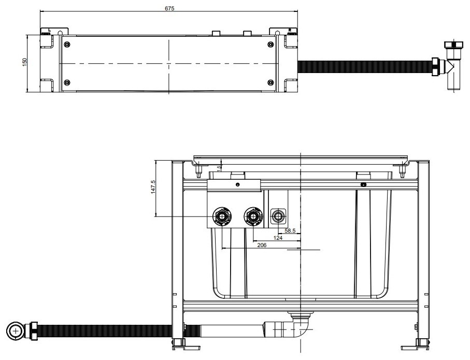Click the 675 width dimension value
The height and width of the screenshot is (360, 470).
point(169,8)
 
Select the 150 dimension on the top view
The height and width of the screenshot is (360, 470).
point(24,62)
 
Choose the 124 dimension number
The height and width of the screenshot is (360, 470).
point(278,238)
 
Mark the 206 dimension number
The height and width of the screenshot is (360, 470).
point(262,246)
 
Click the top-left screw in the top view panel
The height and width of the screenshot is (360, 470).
point(66,45)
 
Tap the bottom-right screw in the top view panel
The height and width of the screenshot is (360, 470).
point(270,82)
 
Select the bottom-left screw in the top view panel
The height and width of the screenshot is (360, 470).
point(66,82)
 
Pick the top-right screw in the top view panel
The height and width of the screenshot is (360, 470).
point(270,45)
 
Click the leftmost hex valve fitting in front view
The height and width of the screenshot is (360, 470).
point(222,215)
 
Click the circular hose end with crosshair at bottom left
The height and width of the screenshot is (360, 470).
point(15,330)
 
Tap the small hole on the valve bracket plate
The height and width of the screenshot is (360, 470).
point(237,184)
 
